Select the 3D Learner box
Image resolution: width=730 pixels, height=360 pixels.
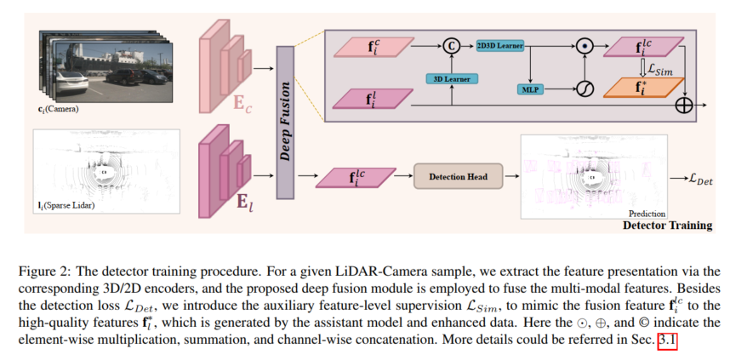tap(449, 78)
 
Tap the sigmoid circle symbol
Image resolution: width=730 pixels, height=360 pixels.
tap(584, 89)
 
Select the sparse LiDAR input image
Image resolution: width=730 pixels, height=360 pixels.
tap(106, 169)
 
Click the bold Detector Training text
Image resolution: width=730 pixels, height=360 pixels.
tap(667, 226)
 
